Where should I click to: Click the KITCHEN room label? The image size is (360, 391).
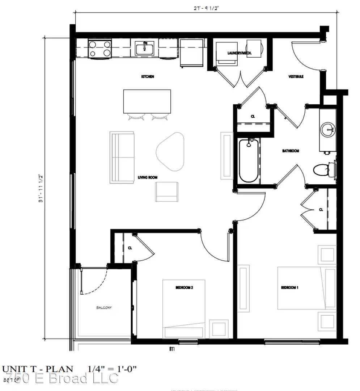click(x=148, y=77)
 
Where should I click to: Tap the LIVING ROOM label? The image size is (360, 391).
click(x=147, y=177)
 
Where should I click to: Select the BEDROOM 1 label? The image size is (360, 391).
click(x=289, y=287)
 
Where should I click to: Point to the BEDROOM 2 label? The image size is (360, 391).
click(x=184, y=287)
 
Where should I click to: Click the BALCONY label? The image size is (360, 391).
click(x=104, y=307)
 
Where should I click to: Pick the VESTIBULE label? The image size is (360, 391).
click(x=296, y=77)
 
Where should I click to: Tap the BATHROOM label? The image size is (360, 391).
click(x=291, y=151)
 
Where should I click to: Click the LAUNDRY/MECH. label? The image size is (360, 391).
click(x=239, y=53)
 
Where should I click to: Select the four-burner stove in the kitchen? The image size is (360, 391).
click(x=99, y=49)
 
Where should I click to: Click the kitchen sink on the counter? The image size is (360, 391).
click(x=144, y=48)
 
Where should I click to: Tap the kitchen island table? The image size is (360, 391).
click(x=147, y=101)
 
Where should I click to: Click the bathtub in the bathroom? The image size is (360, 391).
click(x=249, y=161)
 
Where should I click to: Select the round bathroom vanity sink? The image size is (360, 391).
click(x=328, y=129)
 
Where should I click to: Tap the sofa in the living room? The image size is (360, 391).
click(x=122, y=157)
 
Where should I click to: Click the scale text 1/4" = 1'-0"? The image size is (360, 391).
click(x=112, y=369)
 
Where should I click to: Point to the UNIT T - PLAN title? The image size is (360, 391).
click(x=38, y=369)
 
